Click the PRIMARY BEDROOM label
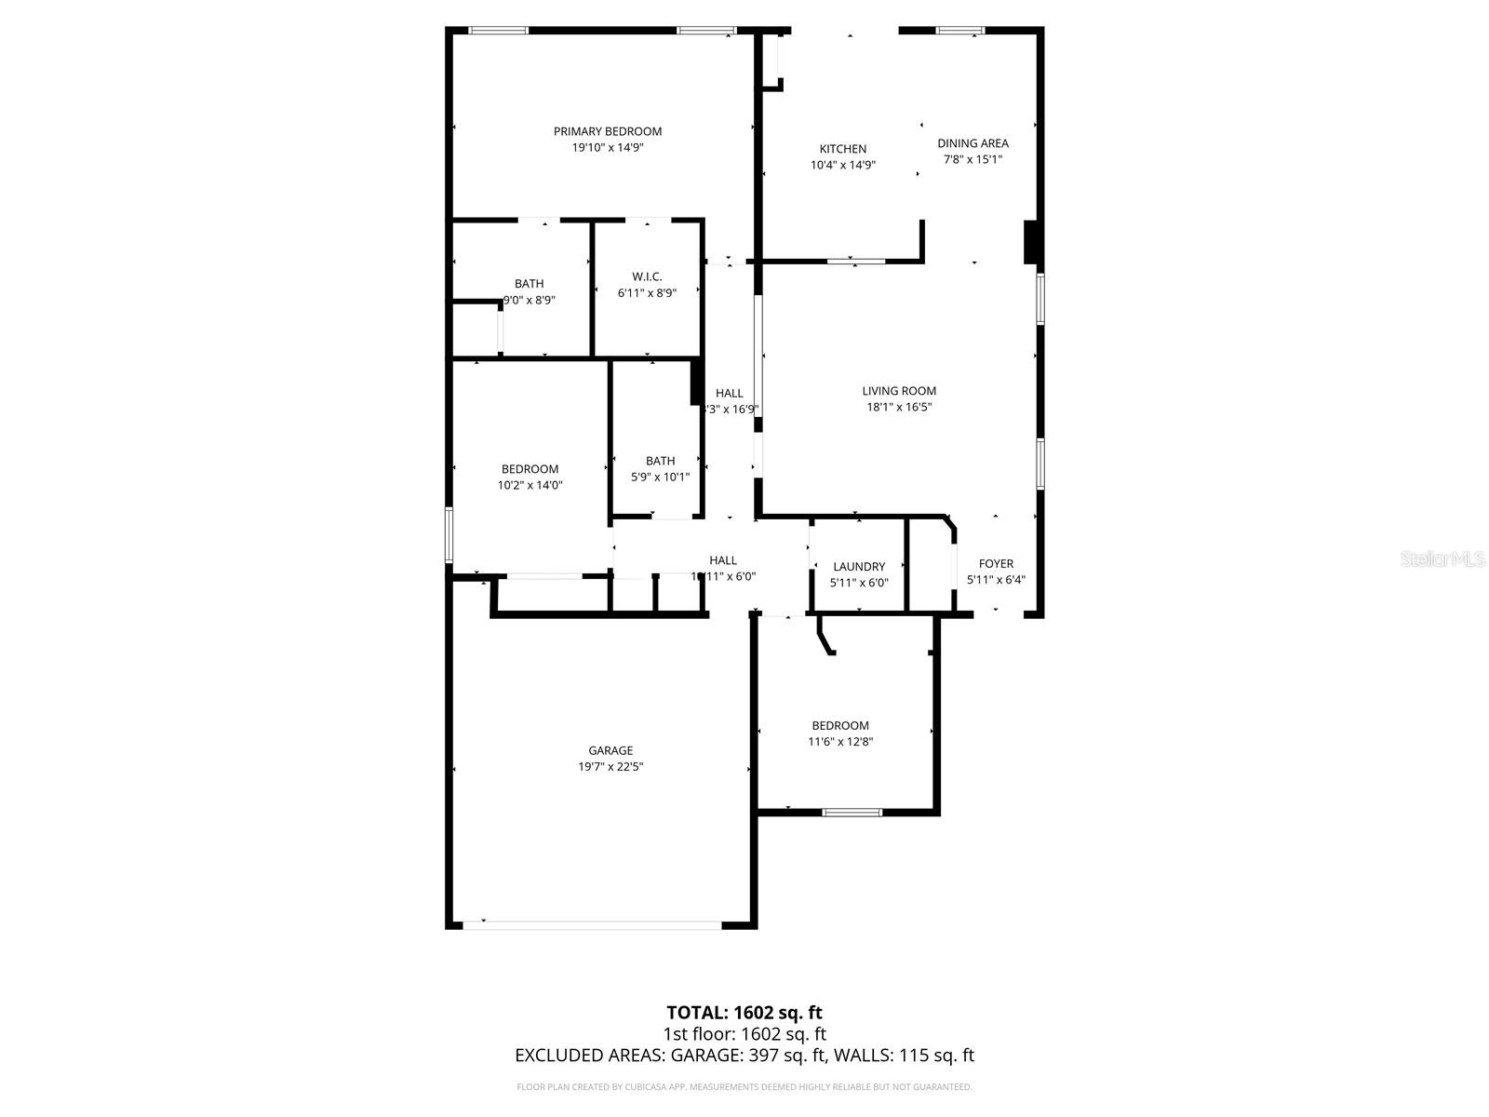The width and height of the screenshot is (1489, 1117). tap(608, 131)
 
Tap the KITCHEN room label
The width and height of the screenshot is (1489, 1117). tap(843, 149)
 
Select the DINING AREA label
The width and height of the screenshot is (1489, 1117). tap(973, 143)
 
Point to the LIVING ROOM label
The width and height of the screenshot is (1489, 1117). tap(899, 391)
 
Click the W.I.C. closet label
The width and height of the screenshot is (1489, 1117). tap(647, 276)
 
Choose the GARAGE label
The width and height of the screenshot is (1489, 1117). tap(610, 750)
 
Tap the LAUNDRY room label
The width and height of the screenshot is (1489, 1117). tap(859, 567)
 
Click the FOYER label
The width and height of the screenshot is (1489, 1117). tap(996, 563)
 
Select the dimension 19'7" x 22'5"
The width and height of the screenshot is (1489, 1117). tap(610, 767)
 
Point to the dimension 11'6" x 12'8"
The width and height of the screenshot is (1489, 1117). tap(840, 742)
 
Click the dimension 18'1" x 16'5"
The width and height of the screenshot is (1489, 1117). tap(899, 407)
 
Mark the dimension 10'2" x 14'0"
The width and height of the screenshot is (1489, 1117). tap(530, 485)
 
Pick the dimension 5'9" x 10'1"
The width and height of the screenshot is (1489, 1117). tap(661, 478)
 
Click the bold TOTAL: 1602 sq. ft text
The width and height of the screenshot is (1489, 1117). tap(744, 1012)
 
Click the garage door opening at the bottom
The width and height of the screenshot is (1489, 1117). tap(592, 924)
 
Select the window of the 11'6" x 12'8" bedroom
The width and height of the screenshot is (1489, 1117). tap(852, 812)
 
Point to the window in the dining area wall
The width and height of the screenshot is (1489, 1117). tap(960, 31)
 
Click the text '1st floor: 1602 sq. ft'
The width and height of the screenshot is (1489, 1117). tap(744, 1034)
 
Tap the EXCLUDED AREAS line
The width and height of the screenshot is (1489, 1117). tap(744, 1056)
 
